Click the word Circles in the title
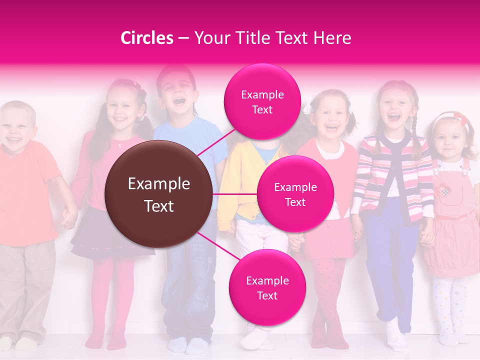146,38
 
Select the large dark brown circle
159,194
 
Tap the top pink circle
262,101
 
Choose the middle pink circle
295,194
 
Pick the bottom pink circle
267,287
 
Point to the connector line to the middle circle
235,194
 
